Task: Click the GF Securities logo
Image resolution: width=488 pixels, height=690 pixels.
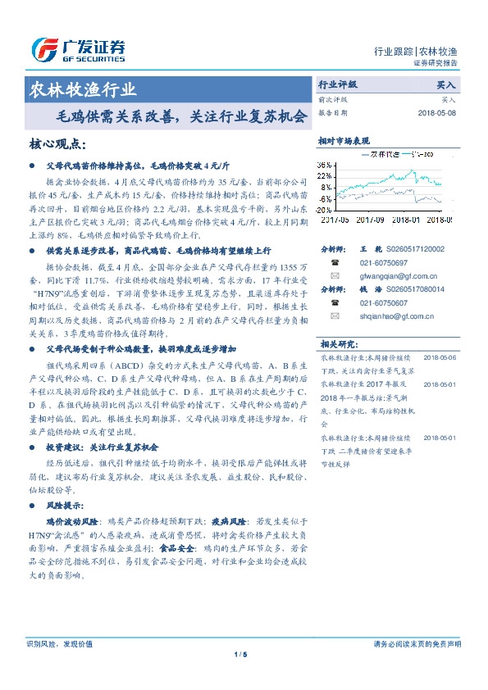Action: coord(78,49)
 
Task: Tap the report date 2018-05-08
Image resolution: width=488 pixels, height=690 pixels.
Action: coord(436,112)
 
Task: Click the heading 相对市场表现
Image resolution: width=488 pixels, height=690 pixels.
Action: coord(344,142)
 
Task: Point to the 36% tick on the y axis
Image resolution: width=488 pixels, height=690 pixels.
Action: coord(326,165)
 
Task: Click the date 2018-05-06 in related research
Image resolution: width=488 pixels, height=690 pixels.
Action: coord(444,358)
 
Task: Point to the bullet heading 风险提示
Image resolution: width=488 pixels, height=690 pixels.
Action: coord(69,504)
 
